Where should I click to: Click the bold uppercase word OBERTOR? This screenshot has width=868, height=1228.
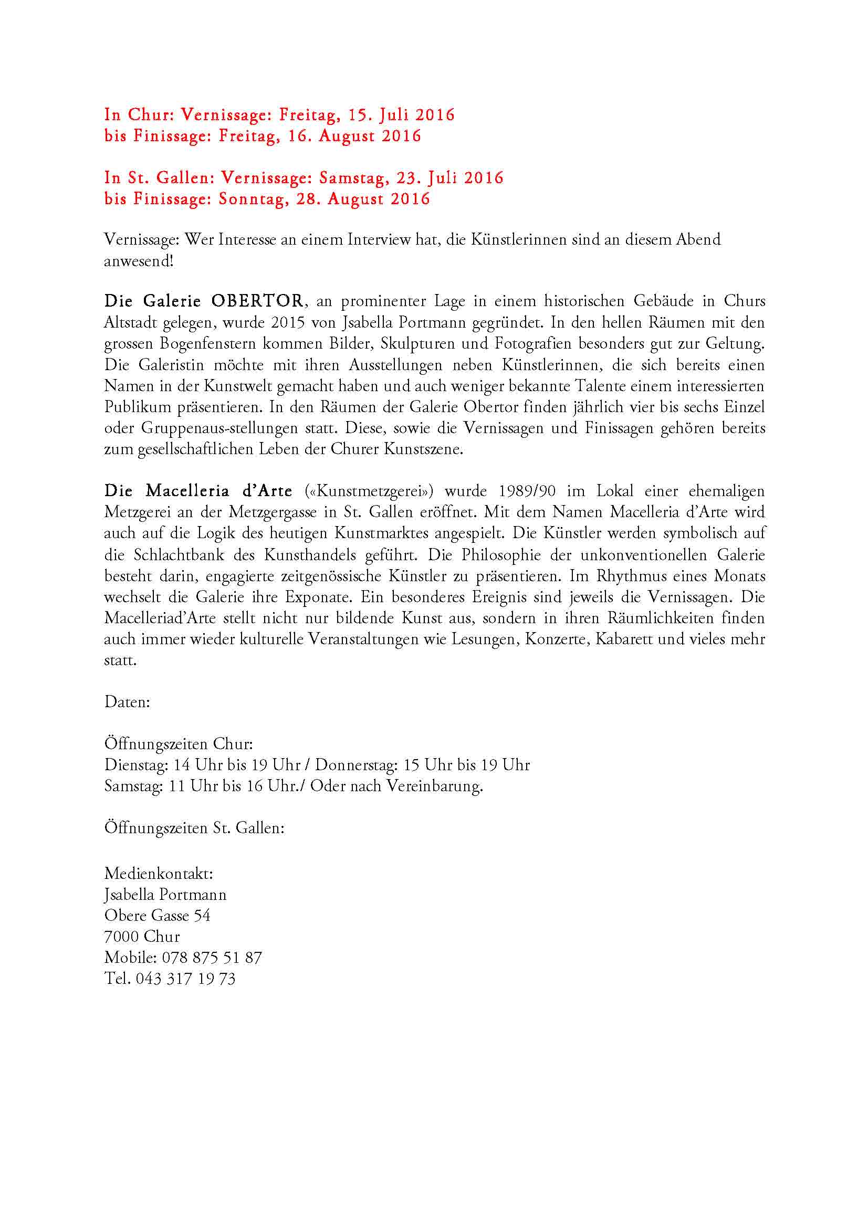click(x=257, y=301)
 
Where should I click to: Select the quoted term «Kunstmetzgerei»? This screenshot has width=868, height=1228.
click(x=370, y=491)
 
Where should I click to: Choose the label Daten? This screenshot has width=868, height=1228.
click(x=127, y=702)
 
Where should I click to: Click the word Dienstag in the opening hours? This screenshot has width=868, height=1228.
click(x=136, y=765)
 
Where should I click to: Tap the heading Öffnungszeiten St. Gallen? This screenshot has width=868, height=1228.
click(x=194, y=828)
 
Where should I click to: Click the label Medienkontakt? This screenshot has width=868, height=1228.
click(x=158, y=874)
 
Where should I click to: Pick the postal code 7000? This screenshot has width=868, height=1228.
click(x=121, y=937)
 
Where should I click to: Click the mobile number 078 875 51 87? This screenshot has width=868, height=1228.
click(x=212, y=958)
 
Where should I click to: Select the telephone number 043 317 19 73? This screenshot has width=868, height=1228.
click(x=185, y=979)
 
